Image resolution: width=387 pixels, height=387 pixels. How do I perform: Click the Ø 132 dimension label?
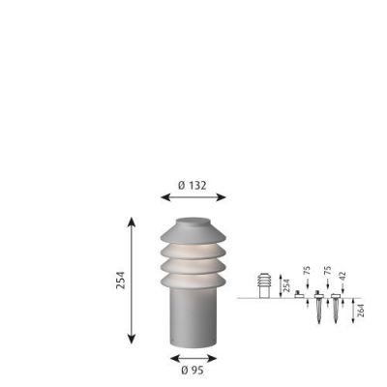coord(193,183)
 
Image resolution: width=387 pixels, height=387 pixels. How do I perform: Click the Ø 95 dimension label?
coord(193,368)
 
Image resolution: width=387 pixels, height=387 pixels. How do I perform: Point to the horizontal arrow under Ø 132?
coord(193,196)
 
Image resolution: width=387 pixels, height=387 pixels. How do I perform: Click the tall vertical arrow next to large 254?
coord(133,281)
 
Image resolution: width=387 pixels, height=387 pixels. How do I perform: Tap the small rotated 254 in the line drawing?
coord(286,285)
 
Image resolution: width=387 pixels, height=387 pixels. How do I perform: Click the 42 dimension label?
coord(342,275)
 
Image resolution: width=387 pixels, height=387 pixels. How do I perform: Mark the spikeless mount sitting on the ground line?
coord(299,295)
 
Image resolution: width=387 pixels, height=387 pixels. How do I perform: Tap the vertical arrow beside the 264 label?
coord(353,311)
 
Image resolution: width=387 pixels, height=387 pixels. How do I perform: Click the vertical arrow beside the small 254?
coord(280,285)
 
